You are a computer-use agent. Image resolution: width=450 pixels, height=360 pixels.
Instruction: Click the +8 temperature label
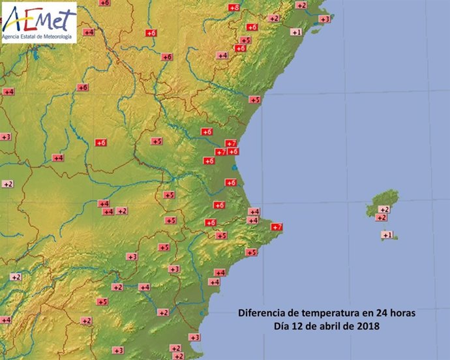point(234,7)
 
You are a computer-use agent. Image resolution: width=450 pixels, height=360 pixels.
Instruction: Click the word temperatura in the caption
point(320,312)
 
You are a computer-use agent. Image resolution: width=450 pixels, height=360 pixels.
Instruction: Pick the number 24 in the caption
point(371,312)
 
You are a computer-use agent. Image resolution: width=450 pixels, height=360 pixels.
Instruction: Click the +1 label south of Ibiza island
point(387,235)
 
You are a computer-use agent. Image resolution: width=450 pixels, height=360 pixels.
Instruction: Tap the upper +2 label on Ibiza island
point(384,209)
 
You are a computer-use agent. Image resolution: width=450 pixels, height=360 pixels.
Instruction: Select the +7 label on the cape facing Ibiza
point(277,227)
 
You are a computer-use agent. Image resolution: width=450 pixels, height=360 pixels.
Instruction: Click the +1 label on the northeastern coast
point(296,32)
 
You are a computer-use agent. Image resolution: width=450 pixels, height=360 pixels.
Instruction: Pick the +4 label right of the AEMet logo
point(89,32)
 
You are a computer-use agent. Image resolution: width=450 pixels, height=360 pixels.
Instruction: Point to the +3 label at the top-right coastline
point(324,20)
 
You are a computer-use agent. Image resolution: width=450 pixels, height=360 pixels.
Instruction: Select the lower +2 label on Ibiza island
point(382,218)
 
